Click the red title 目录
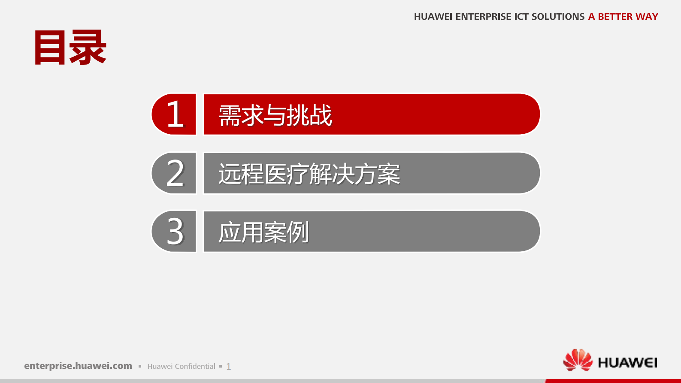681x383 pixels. [x=70, y=48]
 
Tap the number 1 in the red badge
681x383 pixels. [x=175, y=114]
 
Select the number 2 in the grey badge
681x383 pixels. [x=175, y=173]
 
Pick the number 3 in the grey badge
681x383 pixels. [x=175, y=232]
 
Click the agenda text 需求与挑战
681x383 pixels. [x=275, y=115]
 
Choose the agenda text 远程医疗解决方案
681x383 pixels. [x=309, y=174]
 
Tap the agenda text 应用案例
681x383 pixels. [x=263, y=232]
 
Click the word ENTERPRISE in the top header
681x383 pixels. [x=483, y=17]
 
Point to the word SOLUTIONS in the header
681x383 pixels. [x=558, y=17]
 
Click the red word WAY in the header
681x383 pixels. [x=647, y=17]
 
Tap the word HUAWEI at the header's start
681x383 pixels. [x=433, y=17]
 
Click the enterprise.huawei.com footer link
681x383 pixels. [x=78, y=366]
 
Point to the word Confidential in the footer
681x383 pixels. [x=195, y=366]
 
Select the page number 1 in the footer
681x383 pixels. [x=229, y=367]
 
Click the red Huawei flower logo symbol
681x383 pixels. [x=578, y=359]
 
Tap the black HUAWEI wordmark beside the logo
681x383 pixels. [x=627, y=363]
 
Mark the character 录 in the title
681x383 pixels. [x=88, y=48]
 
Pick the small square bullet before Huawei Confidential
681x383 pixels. [x=140, y=366]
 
